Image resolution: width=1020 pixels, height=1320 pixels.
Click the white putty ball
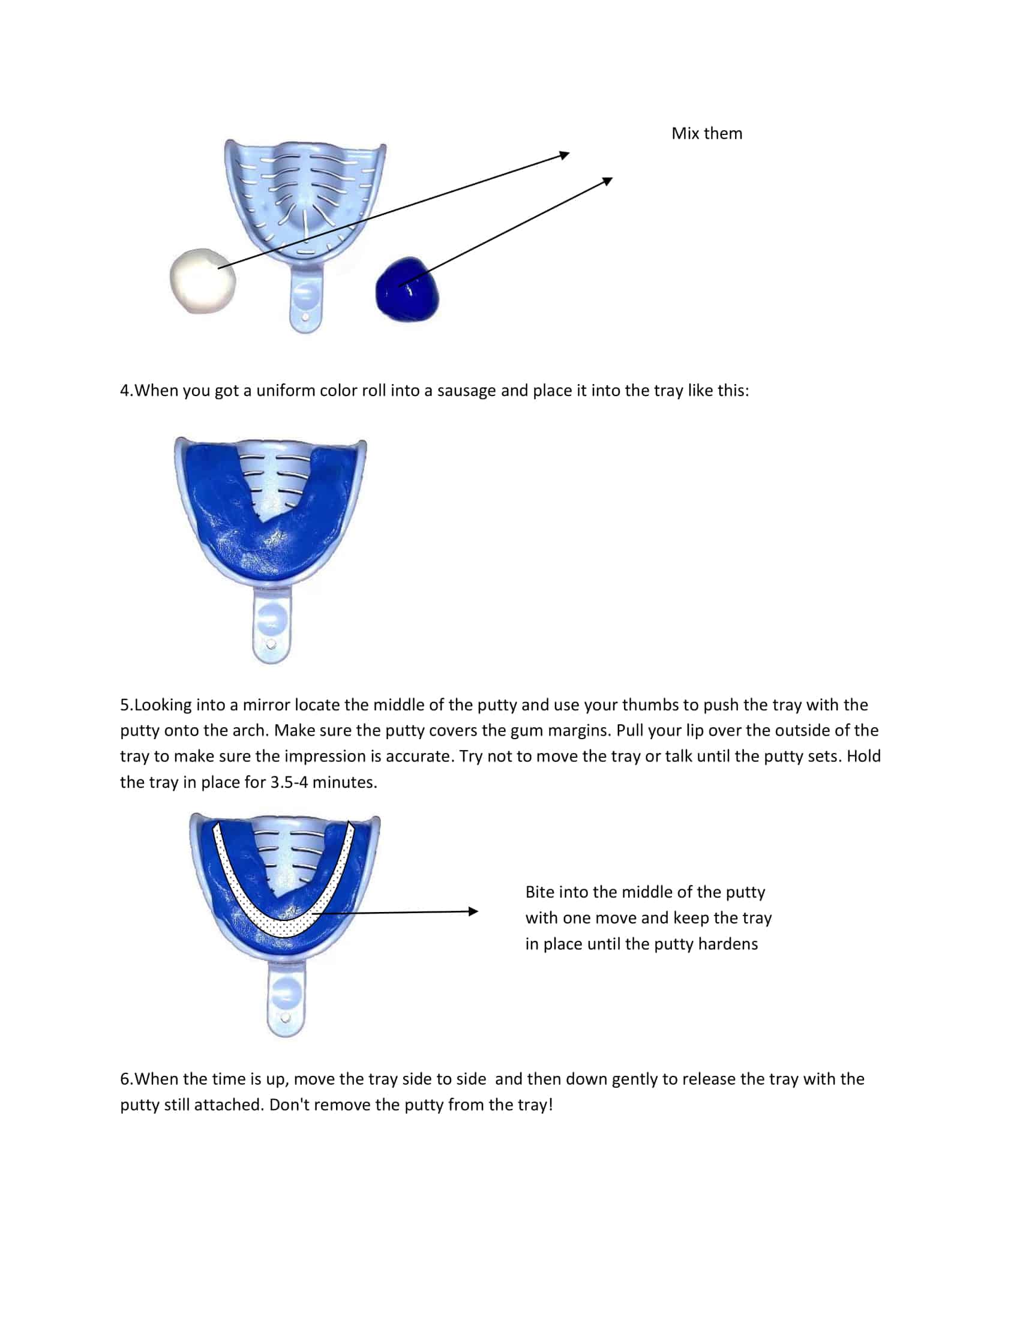pyautogui.click(x=202, y=281)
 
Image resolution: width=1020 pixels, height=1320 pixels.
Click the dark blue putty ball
pyautogui.click(x=407, y=291)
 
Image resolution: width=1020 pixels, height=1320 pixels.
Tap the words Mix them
pyautogui.click(x=706, y=134)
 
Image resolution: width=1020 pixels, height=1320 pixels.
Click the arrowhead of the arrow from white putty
pyautogui.click(x=565, y=155)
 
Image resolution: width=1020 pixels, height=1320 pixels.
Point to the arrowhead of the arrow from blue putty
pyautogui.click(x=608, y=181)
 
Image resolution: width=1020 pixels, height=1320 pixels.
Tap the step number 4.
pyautogui.click(x=125, y=391)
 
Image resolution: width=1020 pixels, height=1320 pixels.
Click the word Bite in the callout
pyautogui.click(x=539, y=892)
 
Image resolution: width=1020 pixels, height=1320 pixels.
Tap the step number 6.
pyautogui.click(x=125, y=1079)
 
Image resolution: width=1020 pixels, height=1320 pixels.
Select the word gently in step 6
pyautogui.click(x=634, y=1079)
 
